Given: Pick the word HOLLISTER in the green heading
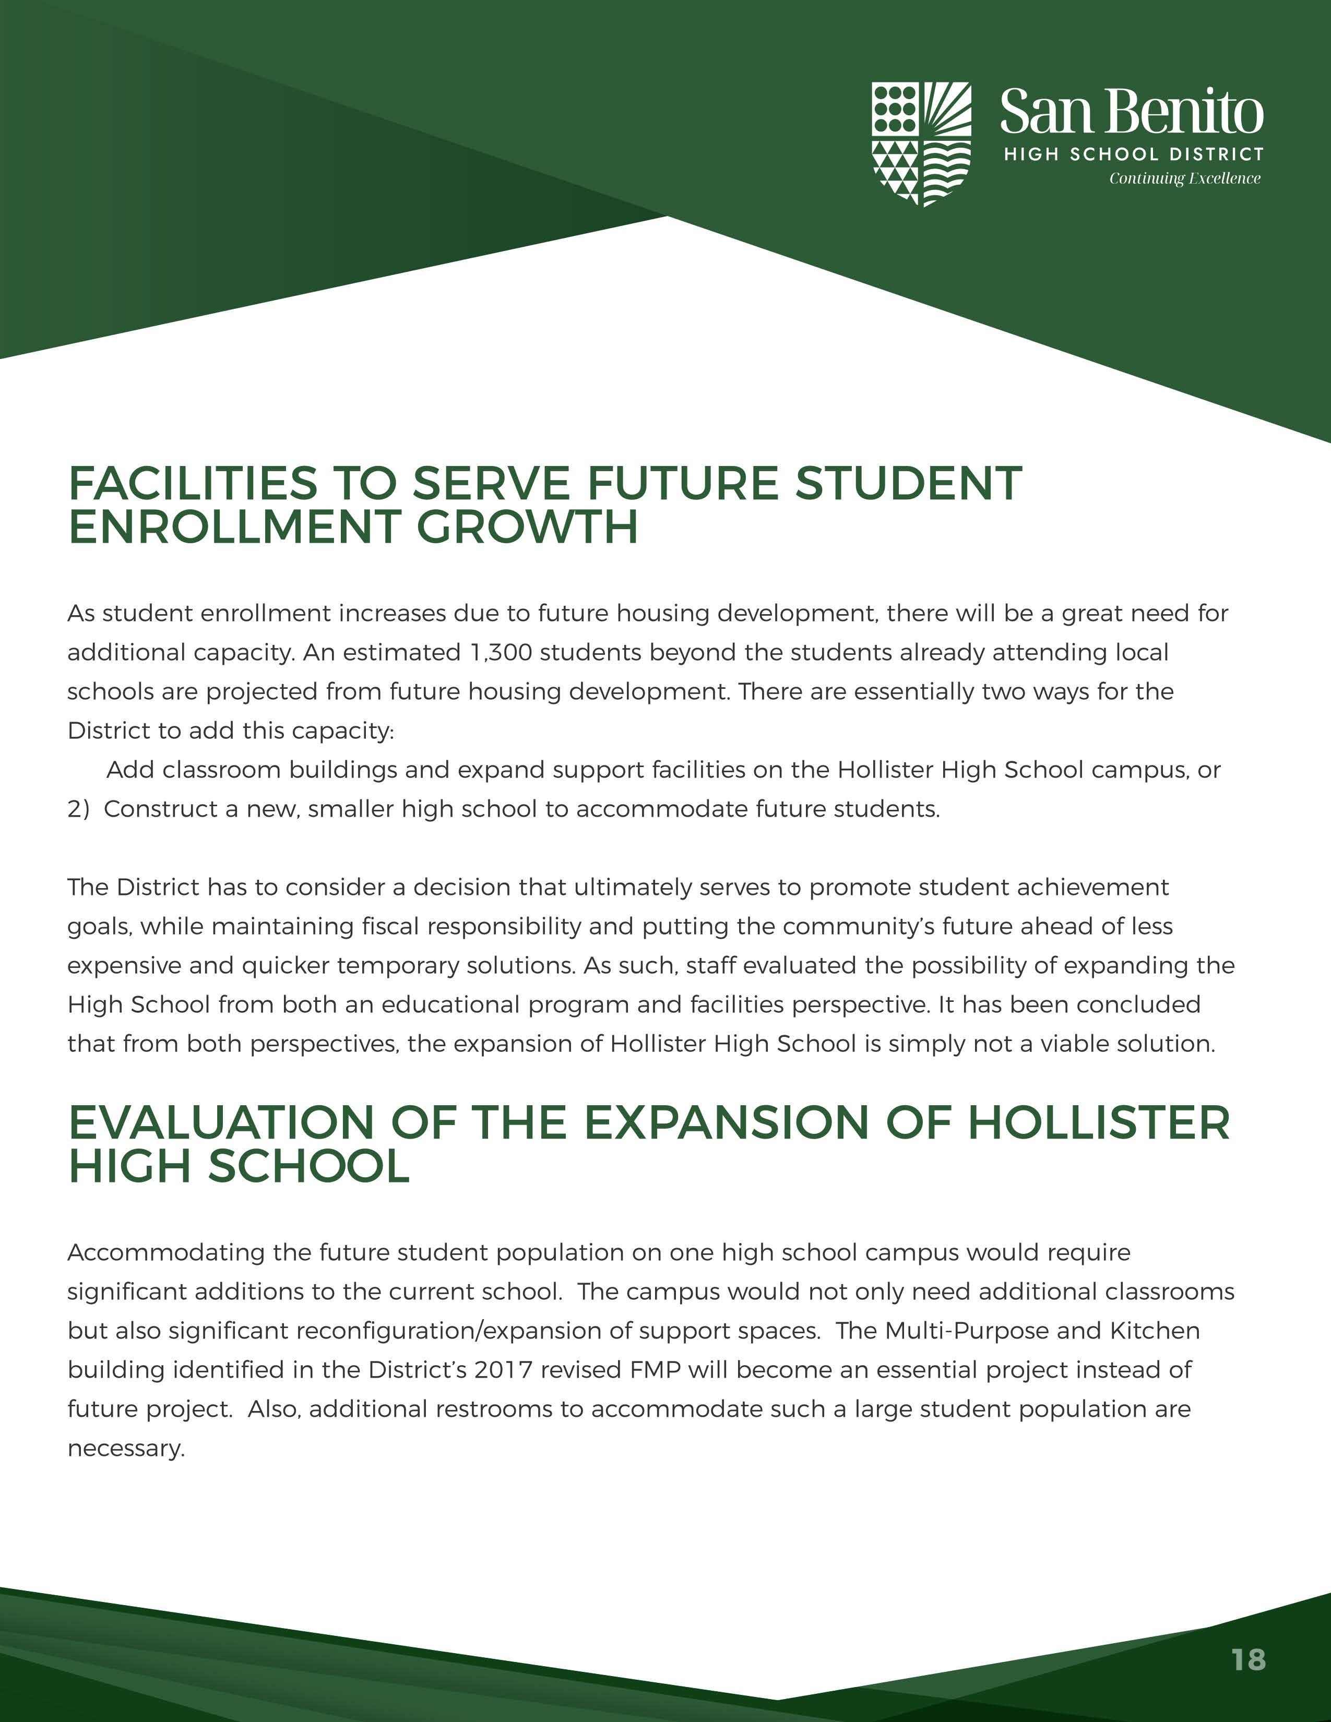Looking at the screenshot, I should point(1098,1123).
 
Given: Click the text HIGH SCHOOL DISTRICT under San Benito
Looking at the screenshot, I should point(1133,154).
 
